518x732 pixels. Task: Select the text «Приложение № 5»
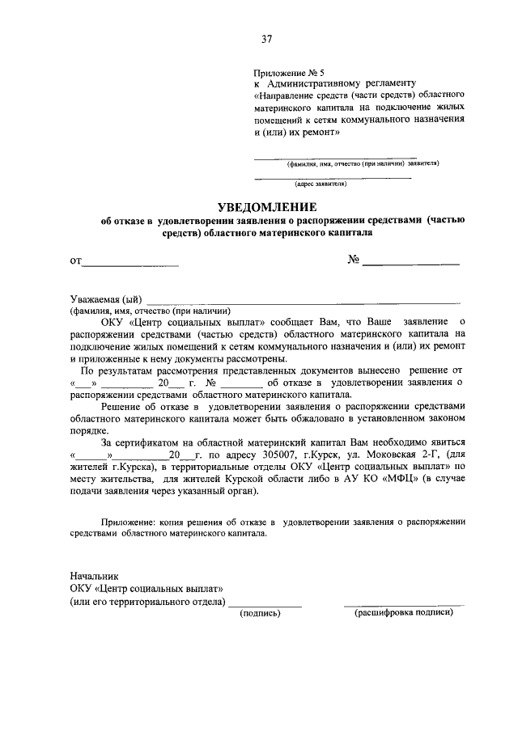point(288,73)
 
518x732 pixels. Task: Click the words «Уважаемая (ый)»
point(106,300)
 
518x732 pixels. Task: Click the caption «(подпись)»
point(260,612)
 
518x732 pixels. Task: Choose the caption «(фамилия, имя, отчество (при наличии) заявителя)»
point(362,163)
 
